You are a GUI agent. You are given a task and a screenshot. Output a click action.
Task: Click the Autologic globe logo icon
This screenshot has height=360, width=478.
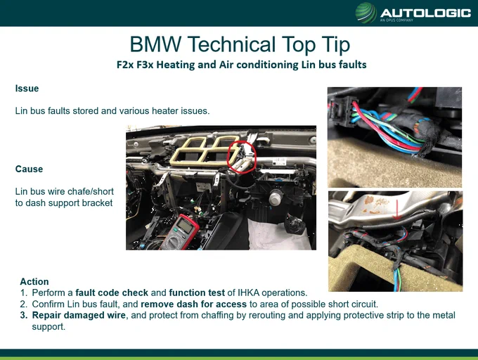pyautogui.click(x=366, y=13)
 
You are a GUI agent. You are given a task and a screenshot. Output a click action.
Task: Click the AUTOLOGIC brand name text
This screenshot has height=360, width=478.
pyautogui.click(x=426, y=13)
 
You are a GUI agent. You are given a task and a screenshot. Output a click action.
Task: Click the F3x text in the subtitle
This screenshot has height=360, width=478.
pyautogui.click(x=145, y=65)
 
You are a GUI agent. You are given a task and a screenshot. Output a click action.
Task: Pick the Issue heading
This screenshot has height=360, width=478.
pyautogui.click(x=27, y=89)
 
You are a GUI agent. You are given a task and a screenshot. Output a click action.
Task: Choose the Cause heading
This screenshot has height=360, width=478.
pyautogui.click(x=29, y=169)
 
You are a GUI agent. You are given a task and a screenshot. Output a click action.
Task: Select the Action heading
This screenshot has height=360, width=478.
pyautogui.click(x=34, y=281)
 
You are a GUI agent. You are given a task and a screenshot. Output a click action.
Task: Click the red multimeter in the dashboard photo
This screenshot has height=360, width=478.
pyautogui.click(x=180, y=232)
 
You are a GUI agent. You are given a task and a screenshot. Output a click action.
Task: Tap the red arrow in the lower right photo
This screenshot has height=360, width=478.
pyautogui.click(x=396, y=210)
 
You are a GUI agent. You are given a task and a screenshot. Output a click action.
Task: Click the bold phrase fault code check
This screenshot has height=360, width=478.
pyautogui.click(x=112, y=292)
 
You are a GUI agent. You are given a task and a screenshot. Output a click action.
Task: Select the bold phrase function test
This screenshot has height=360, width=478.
pyautogui.click(x=197, y=292)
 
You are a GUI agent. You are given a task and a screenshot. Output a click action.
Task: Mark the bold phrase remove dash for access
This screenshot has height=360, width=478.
pyautogui.click(x=193, y=304)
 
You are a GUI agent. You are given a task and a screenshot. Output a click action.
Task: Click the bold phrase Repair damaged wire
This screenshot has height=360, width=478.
pyautogui.click(x=79, y=315)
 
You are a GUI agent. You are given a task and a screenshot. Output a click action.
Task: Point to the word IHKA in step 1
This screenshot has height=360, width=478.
pyautogui.click(x=248, y=292)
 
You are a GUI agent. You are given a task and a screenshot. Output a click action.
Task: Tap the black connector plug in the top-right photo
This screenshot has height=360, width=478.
pyautogui.click(x=340, y=112)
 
